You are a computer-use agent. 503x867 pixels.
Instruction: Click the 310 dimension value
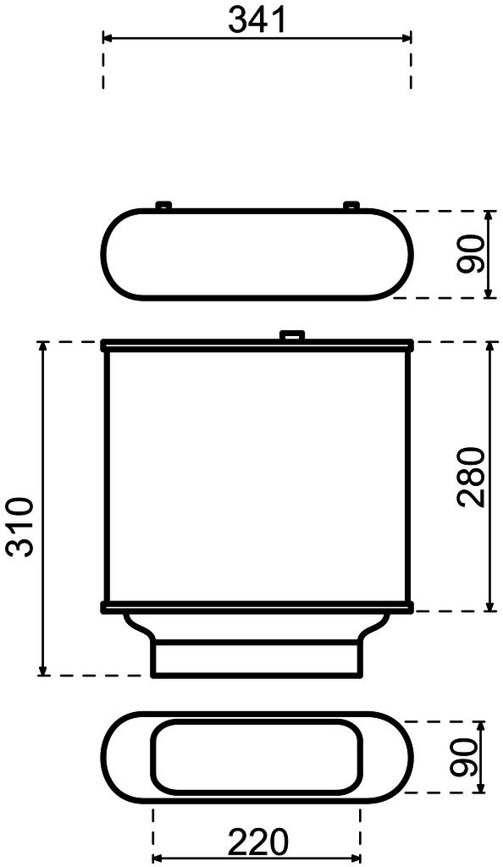(x=19, y=527)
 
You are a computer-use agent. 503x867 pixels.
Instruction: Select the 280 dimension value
(x=472, y=476)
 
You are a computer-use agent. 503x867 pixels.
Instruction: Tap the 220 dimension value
(x=257, y=843)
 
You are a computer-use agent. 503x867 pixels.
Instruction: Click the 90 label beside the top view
(x=472, y=254)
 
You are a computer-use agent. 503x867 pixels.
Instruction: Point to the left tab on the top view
(x=163, y=204)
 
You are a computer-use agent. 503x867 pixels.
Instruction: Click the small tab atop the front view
(x=291, y=336)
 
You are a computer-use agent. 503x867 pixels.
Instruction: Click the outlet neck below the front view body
(x=257, y=659)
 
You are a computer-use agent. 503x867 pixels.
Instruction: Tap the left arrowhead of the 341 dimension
(x=108, y=37)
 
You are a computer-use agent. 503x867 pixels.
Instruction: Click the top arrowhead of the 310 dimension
(x=42, y=347)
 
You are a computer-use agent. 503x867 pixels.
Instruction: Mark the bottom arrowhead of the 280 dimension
(x=490, y=605)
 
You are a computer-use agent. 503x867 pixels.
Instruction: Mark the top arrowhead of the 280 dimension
(x=490, y=348)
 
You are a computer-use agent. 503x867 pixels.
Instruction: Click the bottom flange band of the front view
(x=257, y=606)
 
